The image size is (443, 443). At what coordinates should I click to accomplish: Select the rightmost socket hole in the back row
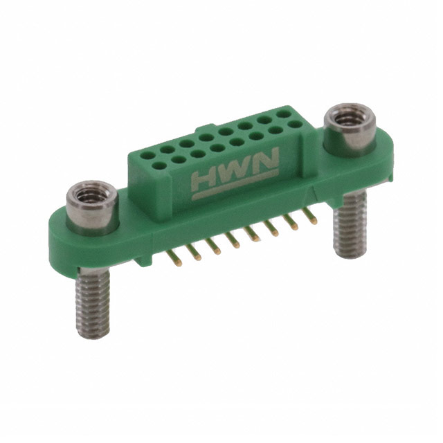(x=284, y=111)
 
